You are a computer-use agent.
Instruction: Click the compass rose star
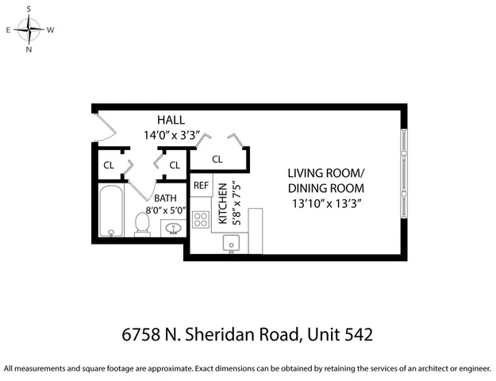click(29, 30)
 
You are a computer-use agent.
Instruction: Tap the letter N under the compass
click(29, 49)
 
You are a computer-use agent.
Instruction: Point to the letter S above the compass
click(29, 10)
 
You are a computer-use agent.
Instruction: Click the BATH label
click(166, 198)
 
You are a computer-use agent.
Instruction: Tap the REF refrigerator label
click(201, 186)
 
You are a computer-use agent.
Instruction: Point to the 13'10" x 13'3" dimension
click(325, 203)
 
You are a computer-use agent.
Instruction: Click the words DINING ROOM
click(325, 188)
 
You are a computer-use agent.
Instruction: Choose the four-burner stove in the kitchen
click(202, 220)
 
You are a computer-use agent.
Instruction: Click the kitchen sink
click(232, 242)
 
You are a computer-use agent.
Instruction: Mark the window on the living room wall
click(405, 182)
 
